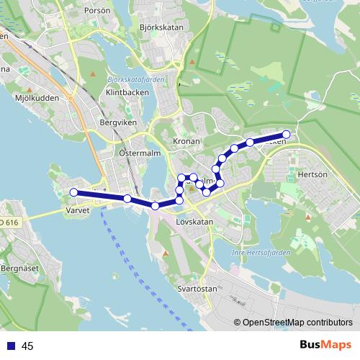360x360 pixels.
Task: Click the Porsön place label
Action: tap(98, 12)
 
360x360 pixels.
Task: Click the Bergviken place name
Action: tap(118, 123)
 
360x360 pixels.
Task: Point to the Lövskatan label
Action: tap(194, 222)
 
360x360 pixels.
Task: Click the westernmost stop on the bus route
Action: tap(73, 192)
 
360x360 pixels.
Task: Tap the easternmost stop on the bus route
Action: tap(286, 134)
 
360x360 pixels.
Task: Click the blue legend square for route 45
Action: tap(10, 346)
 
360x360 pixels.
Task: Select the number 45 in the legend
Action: tap(28, 346)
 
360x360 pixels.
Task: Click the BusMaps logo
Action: tap(325, 345)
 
